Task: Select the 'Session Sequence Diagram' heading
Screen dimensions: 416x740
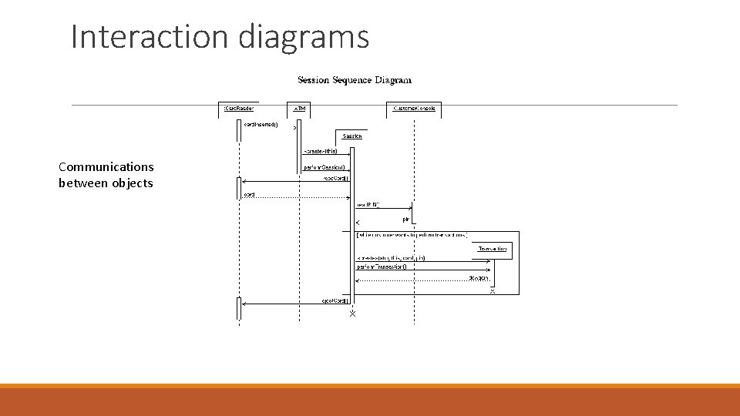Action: (355, 80)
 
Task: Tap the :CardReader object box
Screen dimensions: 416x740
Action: (239, 109)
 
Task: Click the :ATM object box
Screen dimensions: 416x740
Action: (298, 109)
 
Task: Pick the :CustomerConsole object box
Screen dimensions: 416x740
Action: (414, 109)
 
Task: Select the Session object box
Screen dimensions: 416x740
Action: (352, 136)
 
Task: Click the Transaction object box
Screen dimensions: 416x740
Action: (492, 249)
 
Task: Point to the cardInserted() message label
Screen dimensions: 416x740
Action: (261, 124)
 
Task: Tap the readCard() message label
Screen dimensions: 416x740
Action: (336, 179)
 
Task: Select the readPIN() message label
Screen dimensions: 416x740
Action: (368, 205)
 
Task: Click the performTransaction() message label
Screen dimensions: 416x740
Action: (382, 267)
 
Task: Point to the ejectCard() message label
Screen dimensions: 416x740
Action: (336, 300)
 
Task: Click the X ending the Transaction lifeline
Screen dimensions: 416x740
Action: (493, 292)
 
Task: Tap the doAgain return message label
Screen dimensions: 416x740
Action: (478, 277)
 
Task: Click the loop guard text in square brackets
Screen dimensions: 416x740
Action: (412, 234)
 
